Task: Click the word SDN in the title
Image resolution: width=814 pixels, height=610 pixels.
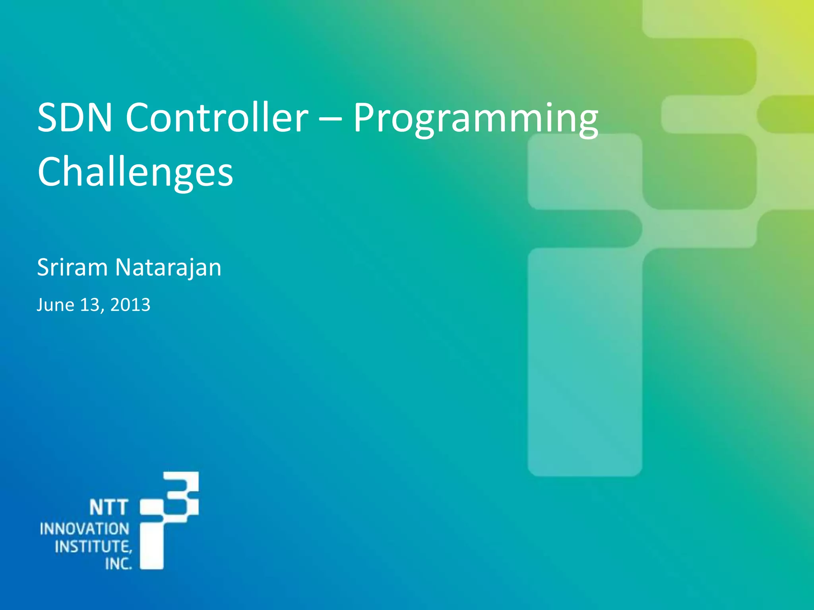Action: click(74, 118)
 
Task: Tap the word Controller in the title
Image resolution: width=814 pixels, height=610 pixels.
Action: click(217, 118)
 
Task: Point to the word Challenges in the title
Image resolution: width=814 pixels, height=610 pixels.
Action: click(135, 172)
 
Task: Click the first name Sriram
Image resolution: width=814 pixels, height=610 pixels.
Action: click(72, 267)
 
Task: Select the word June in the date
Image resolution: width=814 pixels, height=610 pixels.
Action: click(55, 305)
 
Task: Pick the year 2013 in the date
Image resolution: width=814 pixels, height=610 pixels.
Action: click(130, 305)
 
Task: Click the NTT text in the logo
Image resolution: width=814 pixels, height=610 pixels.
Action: click(108, 508)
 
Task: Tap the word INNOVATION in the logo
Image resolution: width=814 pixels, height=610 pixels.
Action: click(84, 529)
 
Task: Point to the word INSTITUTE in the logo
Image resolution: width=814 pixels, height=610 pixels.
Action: click(92, 547)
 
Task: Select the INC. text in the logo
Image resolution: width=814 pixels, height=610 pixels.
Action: click(118, 564)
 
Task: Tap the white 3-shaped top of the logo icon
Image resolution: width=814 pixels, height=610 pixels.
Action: click(184, 494)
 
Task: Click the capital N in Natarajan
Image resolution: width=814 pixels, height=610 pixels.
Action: click(124, 267)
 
